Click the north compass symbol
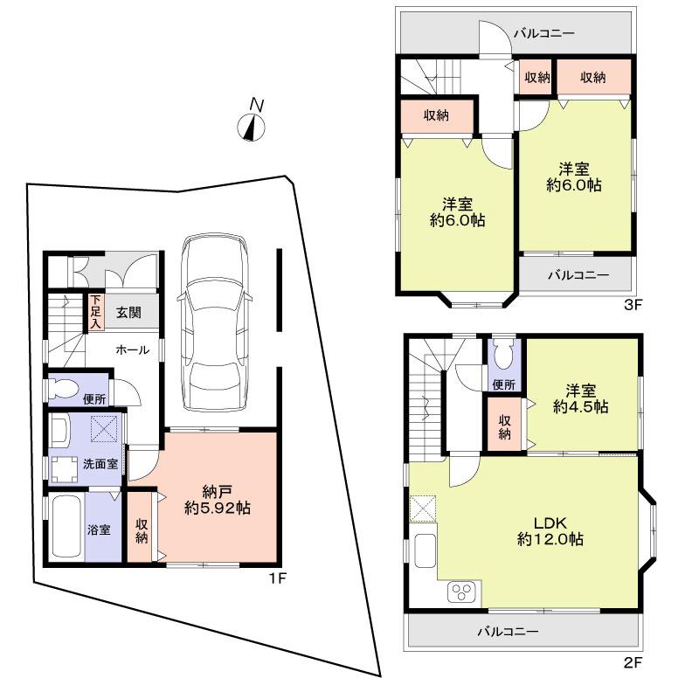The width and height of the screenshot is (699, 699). pyautogui.click(x=253, y=125)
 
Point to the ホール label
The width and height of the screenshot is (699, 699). pyautogui.click(x=131, y=349)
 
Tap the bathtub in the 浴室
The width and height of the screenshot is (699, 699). pyautogui.click(x=65, y=529)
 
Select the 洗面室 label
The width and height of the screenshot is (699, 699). pyautogui.click(x=100, y=464)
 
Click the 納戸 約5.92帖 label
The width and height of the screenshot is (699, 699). pyautogui.click(x=218, y=498)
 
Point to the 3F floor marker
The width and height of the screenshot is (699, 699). pyautogui.click(x=633, y=305)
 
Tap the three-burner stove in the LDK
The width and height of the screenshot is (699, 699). pyautogui.click(x=461, y=593)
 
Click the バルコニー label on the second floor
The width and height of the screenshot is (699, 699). pyautogui.click(x=507, y=630)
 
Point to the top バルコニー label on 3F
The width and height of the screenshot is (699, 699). pyautogui.click(x=543, y=34)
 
